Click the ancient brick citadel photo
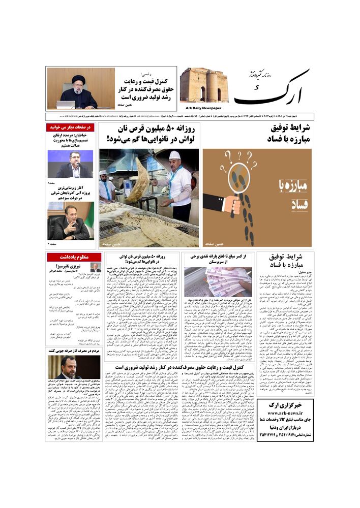click(204, 86)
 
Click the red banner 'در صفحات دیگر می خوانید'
click(71, 128)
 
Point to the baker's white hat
click(174, 155)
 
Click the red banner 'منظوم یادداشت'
click(71, 257)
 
